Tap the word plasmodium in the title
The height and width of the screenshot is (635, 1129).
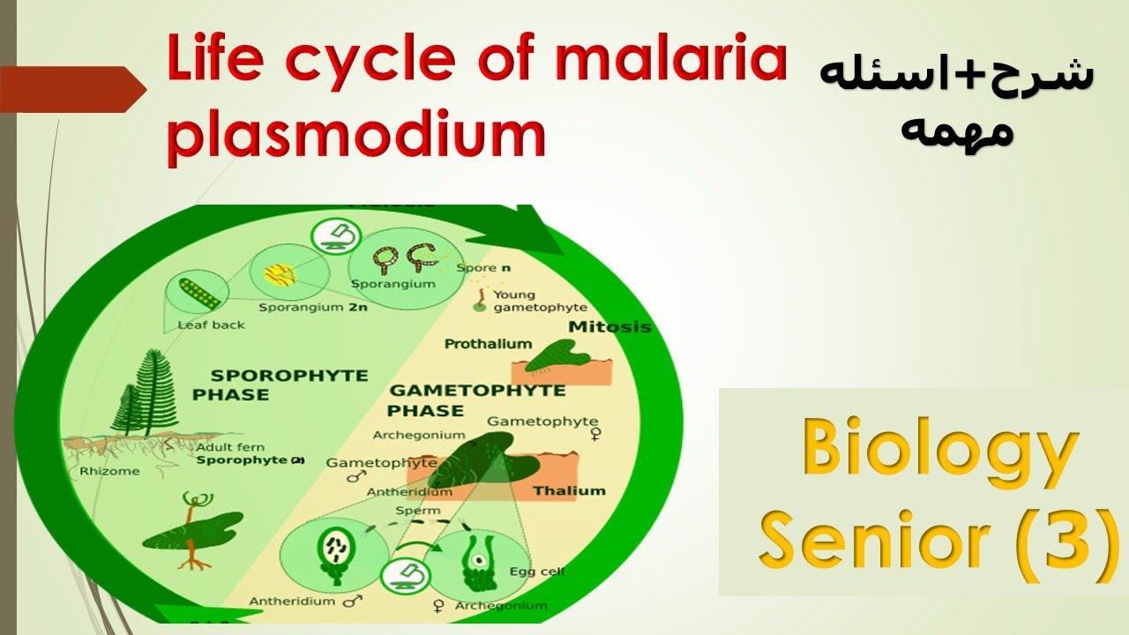356,134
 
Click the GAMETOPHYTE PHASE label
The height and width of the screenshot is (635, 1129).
476,400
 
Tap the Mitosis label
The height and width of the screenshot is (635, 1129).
609,327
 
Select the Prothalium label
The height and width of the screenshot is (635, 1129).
488,344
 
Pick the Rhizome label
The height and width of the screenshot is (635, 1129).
109,471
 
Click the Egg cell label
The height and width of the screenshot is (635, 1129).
537,571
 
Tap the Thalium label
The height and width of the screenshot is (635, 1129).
569,490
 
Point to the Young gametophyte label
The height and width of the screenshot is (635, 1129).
527,301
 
